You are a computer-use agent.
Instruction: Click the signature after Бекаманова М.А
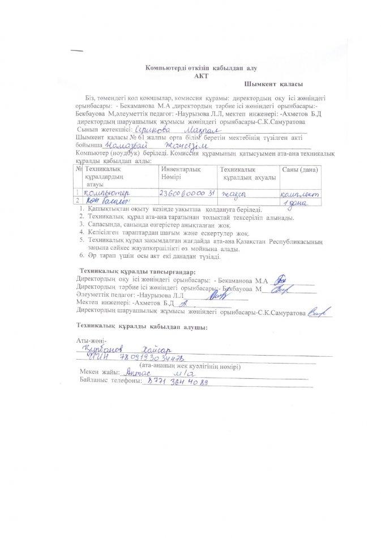pyautogui.click(x=278, y=280)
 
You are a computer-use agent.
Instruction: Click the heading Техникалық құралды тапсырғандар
pyautogui.click(x=138, y=272)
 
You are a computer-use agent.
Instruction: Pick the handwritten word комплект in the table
pyautogui.click(x=299, y=194)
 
